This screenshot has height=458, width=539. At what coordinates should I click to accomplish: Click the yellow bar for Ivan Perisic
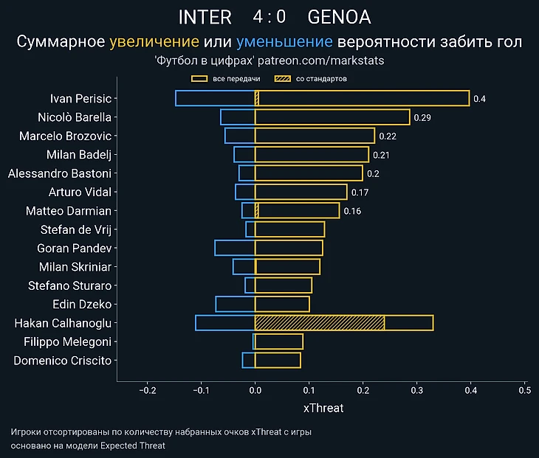point(362,98)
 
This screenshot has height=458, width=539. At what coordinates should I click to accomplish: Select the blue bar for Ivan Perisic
point(215,98)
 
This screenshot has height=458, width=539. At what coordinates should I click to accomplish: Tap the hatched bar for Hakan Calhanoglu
point(320,323)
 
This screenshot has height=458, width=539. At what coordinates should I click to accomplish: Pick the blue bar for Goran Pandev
point(235,248)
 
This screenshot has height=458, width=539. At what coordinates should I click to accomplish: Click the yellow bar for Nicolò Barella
point(332,117)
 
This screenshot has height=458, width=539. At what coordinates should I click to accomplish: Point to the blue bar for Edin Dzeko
point(235,304)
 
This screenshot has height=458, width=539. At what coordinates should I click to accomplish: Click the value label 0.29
point(422,117)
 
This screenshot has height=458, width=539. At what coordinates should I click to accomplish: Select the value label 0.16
point(352,211)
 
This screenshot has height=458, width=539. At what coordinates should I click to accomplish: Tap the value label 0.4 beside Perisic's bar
point(479,99)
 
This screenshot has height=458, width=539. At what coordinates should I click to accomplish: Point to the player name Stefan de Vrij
point(75,229)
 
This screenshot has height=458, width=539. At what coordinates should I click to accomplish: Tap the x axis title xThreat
point(323,407)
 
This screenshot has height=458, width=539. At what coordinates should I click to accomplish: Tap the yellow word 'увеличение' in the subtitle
point(154,42)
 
